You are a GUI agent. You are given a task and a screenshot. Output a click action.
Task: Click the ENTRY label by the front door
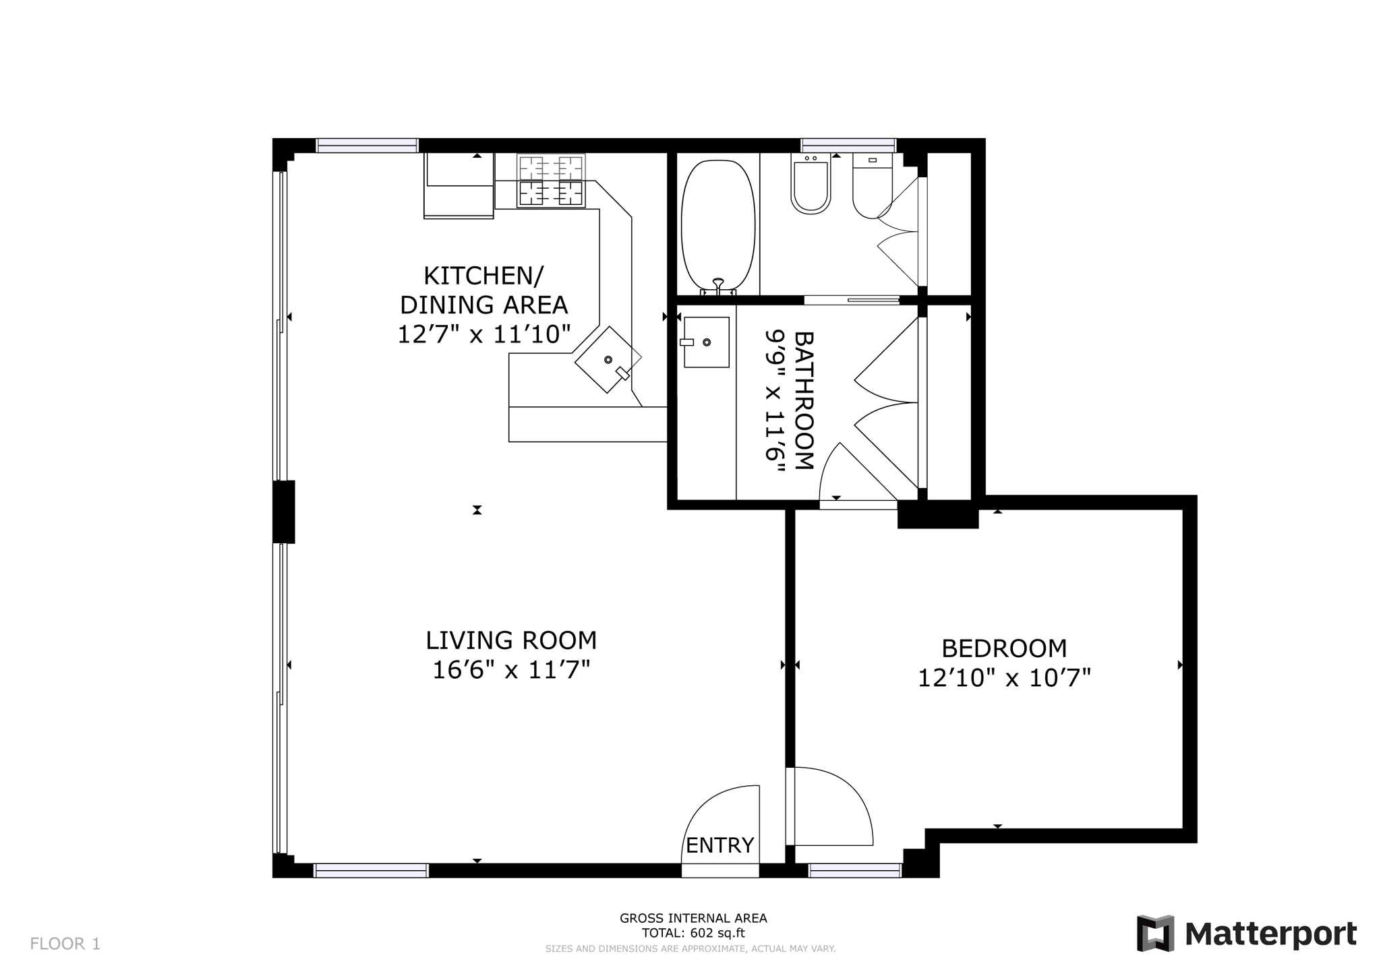click(x=719, y=845)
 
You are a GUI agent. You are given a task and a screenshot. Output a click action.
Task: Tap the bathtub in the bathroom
click(x=718, y=225)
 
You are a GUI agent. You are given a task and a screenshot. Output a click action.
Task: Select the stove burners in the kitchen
click(x=551, y=181)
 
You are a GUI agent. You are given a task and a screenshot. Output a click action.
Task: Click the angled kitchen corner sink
click(x=606, y=360)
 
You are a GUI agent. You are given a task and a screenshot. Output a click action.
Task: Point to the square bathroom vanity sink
click(x=706, y=342)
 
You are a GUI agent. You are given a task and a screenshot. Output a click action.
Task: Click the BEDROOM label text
click(x=1003, y=648)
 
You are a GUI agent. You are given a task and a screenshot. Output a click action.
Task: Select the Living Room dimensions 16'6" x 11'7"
click(x=511, y=670)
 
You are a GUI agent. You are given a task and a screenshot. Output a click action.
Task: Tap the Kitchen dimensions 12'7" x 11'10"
click(x=483, y=334)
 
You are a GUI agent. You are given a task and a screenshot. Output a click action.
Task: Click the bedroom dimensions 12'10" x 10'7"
click(x=1003, y=677)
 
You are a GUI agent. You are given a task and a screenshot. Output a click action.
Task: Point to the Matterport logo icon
click(x=1155, y=933)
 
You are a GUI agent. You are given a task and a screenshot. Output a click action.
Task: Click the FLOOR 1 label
click(x=65, y=944)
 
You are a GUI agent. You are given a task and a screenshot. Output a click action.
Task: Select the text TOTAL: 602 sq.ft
click(x=693, y=934)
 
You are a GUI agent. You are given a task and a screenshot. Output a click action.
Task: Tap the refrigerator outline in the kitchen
click(x=459, y=186)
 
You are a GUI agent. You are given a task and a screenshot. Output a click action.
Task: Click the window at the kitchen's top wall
click(x=368, y=145)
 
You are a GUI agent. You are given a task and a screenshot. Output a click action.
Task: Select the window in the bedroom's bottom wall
click(x=854, y=870)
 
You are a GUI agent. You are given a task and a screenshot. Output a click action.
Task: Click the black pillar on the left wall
click(x=283, y=512)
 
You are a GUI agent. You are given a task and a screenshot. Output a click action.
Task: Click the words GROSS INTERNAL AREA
click(x=693, y=918)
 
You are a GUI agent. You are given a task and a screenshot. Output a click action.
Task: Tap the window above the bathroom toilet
click(x=848, y=145)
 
